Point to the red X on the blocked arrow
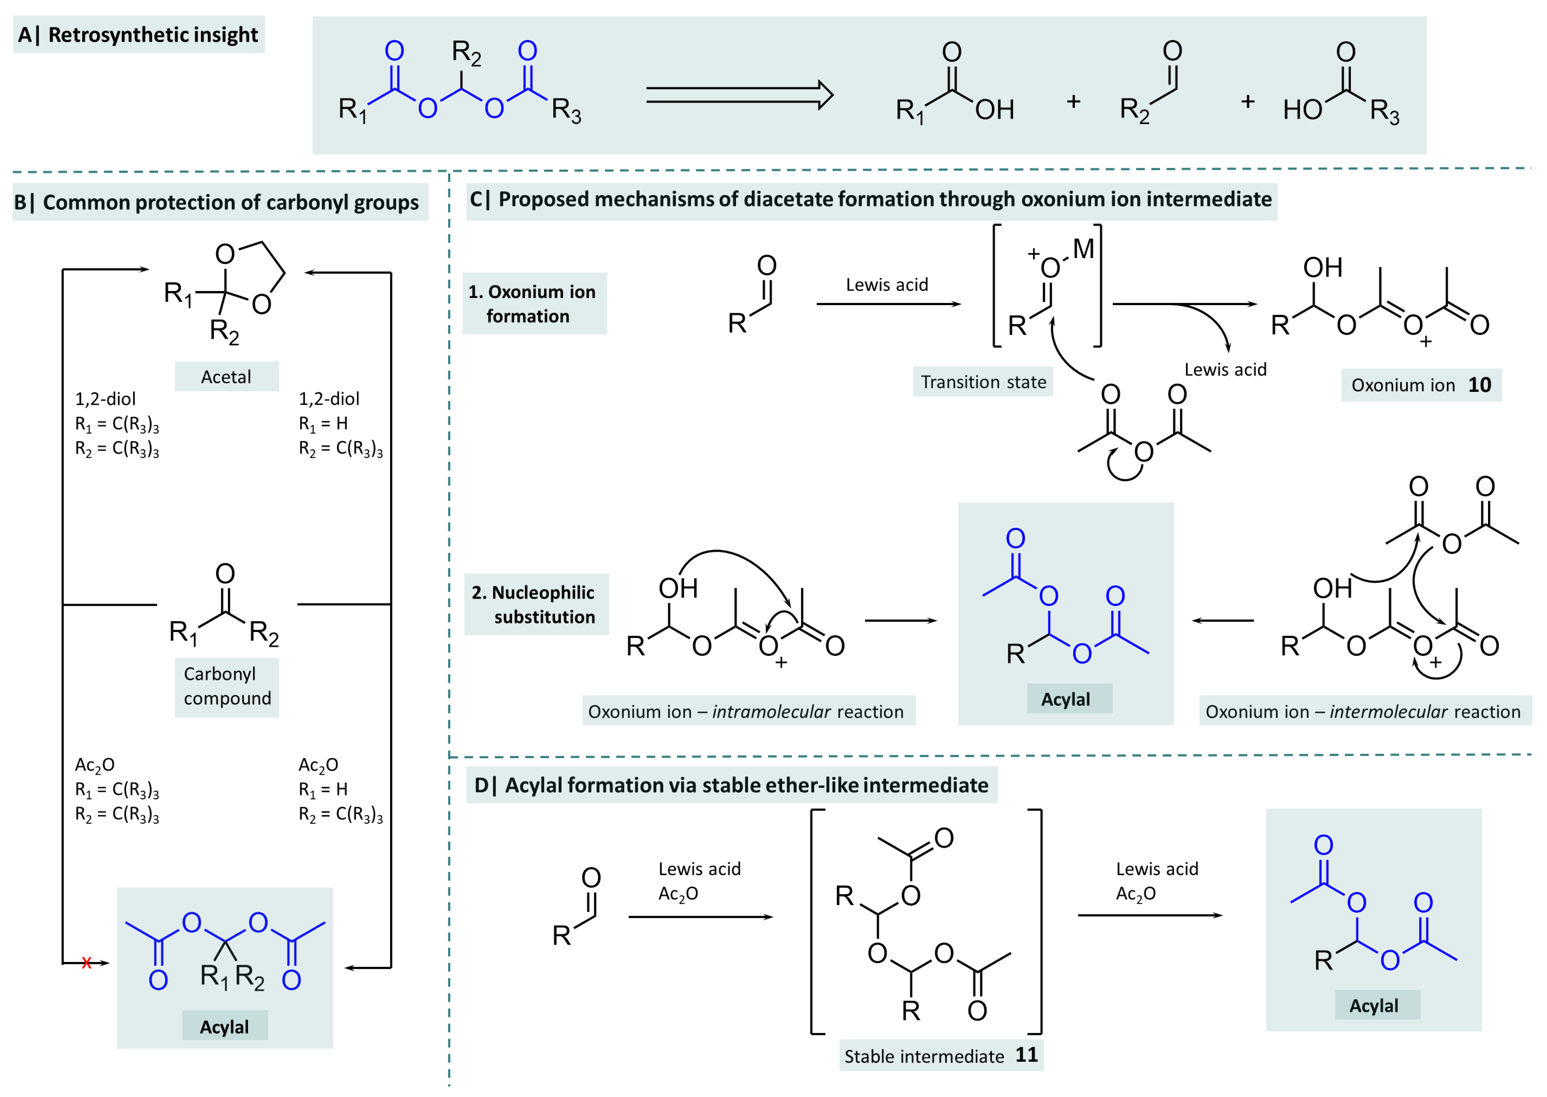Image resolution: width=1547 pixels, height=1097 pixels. (86, 962)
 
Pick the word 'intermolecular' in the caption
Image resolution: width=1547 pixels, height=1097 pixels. (1388, 711)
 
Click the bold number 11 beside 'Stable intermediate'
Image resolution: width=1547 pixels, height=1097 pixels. (1026, 1054)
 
